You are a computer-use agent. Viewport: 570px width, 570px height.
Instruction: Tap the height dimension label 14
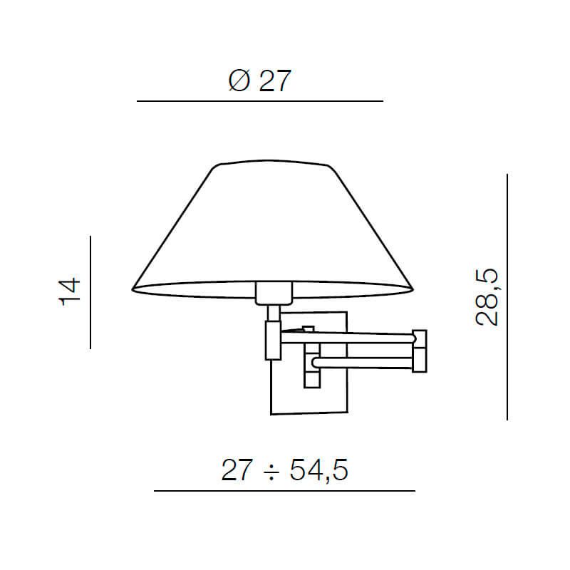pyautogui.click(x=70, y=291)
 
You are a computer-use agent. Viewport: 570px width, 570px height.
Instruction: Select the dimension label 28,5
pyautogui.click(x=487, y=297)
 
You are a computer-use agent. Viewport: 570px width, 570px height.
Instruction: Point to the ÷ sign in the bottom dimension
pyautogui.click(x=271, y=471)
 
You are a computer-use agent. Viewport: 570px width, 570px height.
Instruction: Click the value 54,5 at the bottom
pyautogui.click(x=318, y=471)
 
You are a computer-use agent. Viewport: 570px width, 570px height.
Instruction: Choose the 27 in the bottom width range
pyautogui.click(x=237, y=471)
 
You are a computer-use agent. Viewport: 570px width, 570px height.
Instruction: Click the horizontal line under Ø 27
pyautogui.click(x=260, y=102)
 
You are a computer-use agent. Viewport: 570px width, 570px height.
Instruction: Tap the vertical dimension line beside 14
pyautogui.click(x=90, y=292)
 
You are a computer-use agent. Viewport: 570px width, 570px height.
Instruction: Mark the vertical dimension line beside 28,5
pyautogui.click(x=507, y=296)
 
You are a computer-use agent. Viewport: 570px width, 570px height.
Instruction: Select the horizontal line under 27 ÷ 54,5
pyautogui.click(x=284, y=491)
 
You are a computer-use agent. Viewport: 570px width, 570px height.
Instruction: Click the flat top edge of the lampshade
pyautogui.click(x=271, y=162)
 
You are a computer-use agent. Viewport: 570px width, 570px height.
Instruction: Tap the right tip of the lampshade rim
pyautogui.click(x=412, y=289)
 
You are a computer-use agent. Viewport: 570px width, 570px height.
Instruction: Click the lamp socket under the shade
pyautogui.click(x=273, y=291)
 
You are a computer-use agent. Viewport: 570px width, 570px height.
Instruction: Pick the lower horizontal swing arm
pyautogui.click(x=363, y=363)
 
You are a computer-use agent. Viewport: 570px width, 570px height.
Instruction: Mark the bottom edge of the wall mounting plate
pyautogui.click(x=309, y=413)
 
